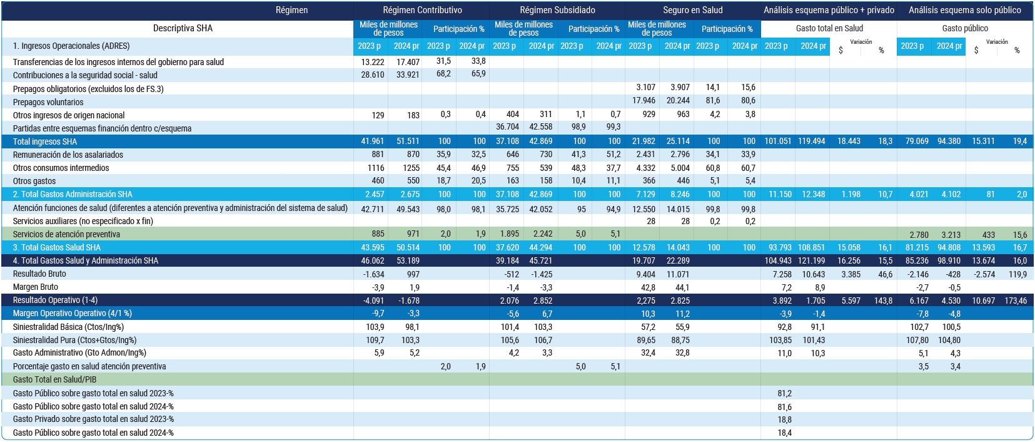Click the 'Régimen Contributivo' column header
pyautogui.click(x=422, y=10)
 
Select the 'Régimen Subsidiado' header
pyautogui.click(x=557, y=10)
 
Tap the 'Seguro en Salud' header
pyautogui.click(x=693, y=10)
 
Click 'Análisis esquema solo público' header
pyautogui.click(x=965, y=10)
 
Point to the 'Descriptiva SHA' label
pyautogui.click(x=183, y=28)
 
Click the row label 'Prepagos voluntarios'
pyautogui.click(x=48, y=102)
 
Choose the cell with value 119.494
pyautogui.click(x=811, y=141)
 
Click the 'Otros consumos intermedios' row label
pyautogui.click(x=61, y=168)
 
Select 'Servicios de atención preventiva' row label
pyautogui.click(x=66, y=234)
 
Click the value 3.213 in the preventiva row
pyautogui.click(x=951, y=235)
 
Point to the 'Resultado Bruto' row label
pyautogui.click(x=39, y=274)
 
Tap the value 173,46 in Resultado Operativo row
pyautogui.click(x=1016, y=301)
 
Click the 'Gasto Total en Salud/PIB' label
pyautogui.click(x=54, y=379)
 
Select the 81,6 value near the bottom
pyautogui.click(x=785, y=407)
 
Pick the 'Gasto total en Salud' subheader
pyautogui.click(x=829, y=28)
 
